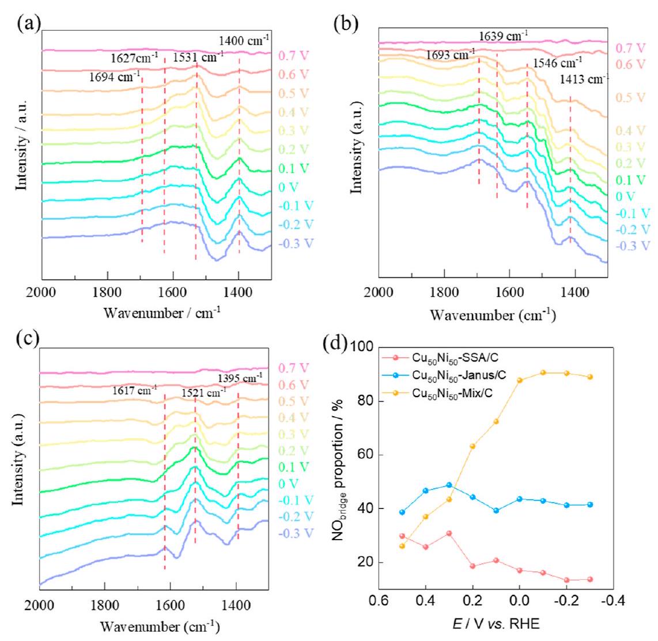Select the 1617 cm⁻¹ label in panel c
(x=133, y=390)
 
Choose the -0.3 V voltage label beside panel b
(x=633, y=246)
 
